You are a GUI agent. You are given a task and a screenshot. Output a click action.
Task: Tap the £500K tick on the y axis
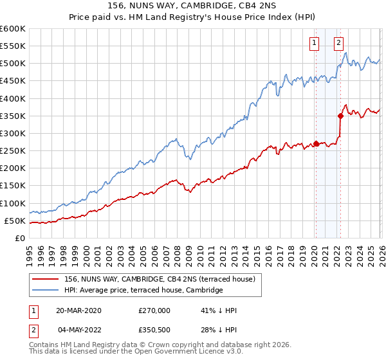pyautogui.click(x=13, y=64)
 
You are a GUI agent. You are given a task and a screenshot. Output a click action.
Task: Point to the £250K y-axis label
pyautogui.click(x=13, y=151)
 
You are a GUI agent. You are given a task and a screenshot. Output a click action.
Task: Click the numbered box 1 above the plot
pyautogui.click(x=315, y=44)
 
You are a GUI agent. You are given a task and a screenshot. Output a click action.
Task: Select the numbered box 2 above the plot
pyautogui.click(x=338, y=44)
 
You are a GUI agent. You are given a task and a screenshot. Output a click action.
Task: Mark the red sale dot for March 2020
pyautogui.click(x=316, y=143)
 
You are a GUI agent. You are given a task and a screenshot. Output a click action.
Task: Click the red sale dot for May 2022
pyautogui.click(x=340, y=116)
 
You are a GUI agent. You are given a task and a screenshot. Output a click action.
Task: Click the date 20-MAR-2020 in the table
pyautogui.click(x=78, y=310)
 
